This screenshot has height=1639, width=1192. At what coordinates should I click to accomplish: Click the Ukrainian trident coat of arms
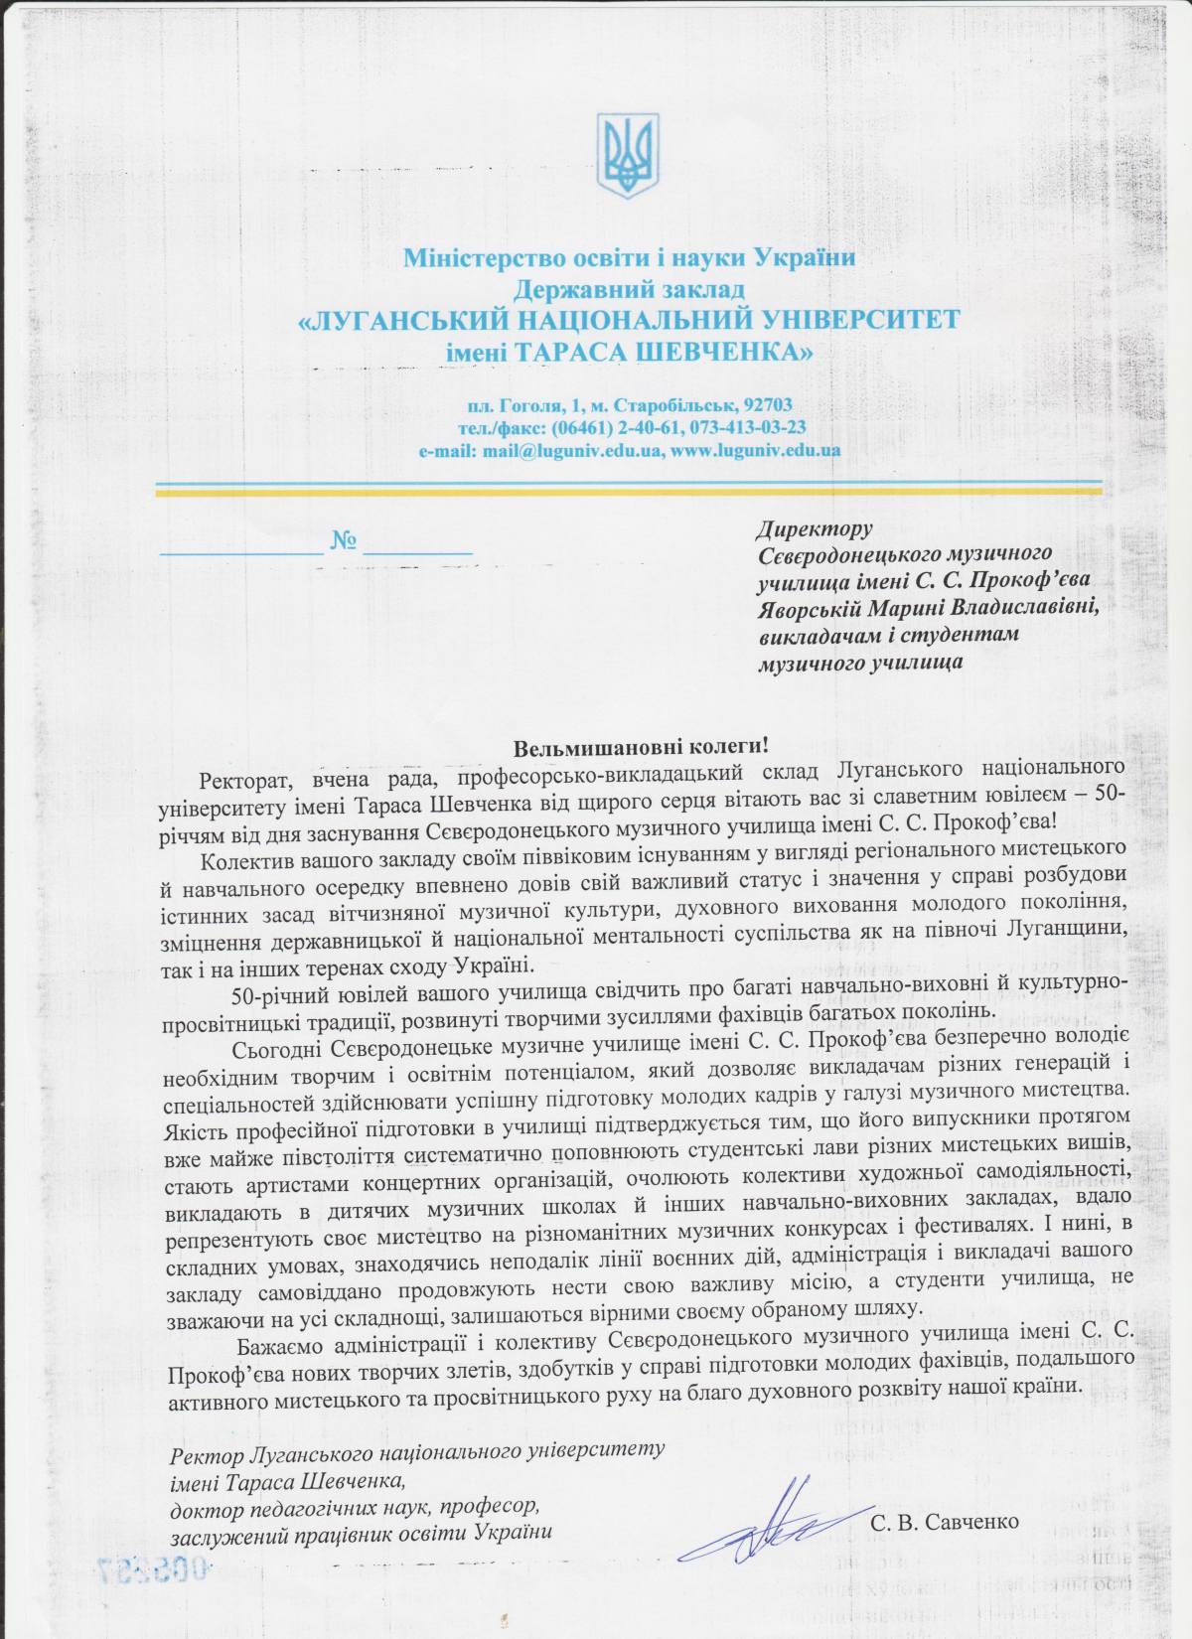[628, 154]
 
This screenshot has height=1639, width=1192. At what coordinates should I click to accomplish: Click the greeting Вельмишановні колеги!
[641, 745]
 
